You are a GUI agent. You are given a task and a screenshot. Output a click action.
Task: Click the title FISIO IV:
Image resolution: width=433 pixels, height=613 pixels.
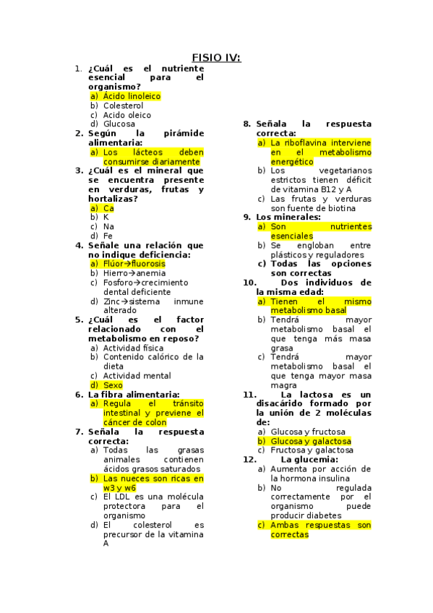tap(216, 58)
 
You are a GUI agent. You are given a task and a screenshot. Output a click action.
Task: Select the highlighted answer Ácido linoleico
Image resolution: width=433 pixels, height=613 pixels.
tap(132, 96)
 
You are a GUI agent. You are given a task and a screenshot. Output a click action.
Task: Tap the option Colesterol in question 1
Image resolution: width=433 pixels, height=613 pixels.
tap(123, 106)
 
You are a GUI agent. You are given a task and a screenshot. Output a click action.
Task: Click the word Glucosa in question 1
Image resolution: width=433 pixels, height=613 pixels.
tap(119, 124)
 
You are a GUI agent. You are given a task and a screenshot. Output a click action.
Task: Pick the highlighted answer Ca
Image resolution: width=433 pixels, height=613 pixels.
tap(108, 208)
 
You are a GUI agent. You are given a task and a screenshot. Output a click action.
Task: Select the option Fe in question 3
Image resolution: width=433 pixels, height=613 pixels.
tap(108, 236)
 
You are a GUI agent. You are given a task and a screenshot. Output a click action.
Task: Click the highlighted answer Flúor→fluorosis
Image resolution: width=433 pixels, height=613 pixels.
tap(134, 264)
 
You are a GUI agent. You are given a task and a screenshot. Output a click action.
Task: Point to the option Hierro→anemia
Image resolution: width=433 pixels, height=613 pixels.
tap(134, 273)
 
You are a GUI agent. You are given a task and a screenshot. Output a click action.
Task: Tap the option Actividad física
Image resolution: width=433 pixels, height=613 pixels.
tap(133, 348)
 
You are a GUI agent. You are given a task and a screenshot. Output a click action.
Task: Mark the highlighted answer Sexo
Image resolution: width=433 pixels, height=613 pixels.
tap(113, 385)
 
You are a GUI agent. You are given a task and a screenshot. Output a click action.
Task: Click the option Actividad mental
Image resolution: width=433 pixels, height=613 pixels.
tap(137, 376)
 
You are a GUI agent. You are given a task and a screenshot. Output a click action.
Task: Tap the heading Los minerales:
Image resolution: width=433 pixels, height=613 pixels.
tap(288, 217)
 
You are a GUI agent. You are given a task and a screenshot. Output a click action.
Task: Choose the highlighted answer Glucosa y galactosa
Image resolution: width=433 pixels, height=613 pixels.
tap(311, 441)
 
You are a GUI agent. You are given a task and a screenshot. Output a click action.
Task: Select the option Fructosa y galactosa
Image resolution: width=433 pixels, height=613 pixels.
tap(312, 450)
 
